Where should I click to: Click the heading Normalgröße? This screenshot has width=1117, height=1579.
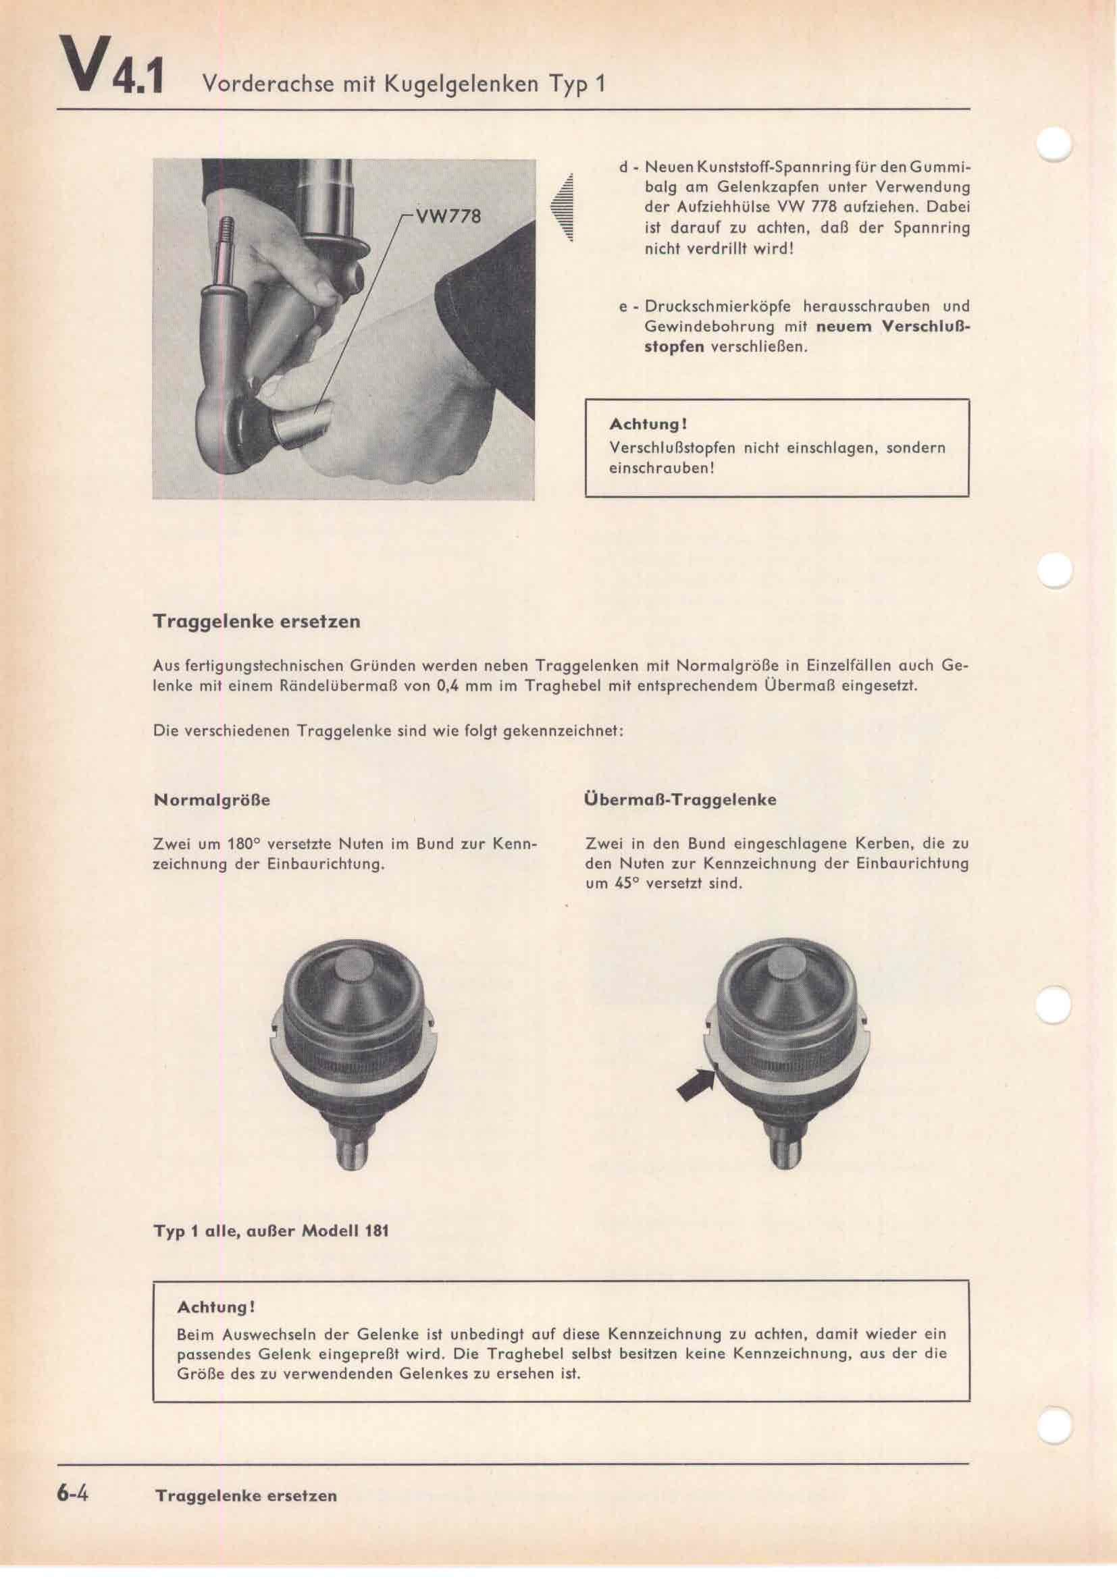[x=211, y=801]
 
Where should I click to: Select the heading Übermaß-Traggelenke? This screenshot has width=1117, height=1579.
[x=679, y=800]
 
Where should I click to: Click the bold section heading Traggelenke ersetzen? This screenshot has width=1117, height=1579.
[x=256, y=622]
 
